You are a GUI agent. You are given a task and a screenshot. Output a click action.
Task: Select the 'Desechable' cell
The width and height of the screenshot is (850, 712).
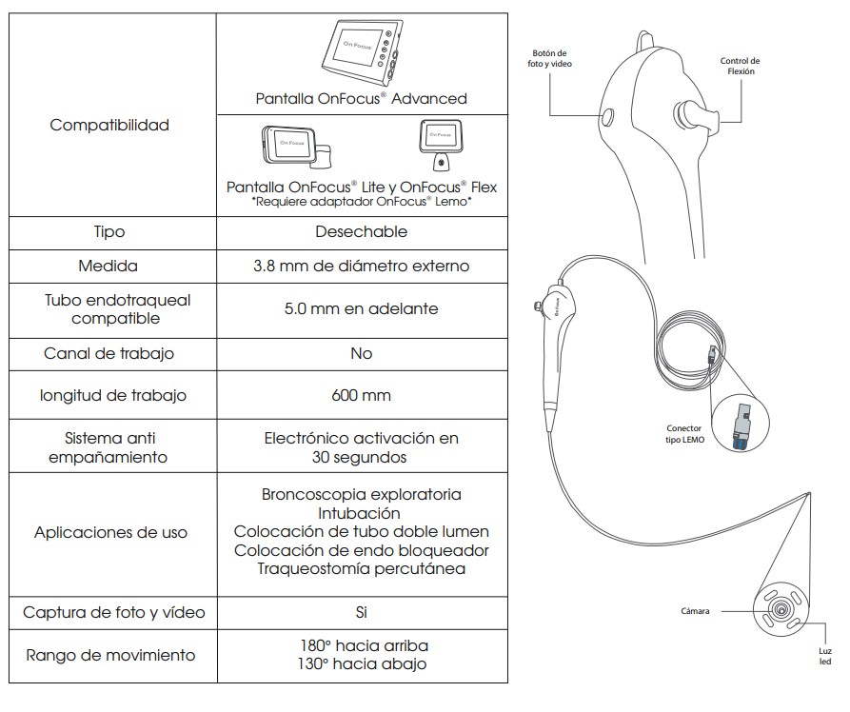click(x=361, y=231)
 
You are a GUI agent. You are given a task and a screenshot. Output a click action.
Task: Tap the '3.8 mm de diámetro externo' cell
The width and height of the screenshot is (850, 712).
click(x=361, y=266)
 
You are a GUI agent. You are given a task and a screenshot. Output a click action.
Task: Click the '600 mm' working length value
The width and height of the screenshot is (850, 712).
click(x=361, y=395)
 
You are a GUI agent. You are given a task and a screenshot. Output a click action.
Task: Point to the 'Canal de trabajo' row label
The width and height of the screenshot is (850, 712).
click(x=109, y=353)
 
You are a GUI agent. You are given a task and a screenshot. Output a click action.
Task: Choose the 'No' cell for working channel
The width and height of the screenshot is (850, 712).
click(x=361, y=353)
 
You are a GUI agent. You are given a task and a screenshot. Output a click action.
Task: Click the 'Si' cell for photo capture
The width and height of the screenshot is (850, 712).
click(x=361, y=612)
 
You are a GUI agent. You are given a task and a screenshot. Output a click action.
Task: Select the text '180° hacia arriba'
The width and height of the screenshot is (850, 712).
click(x=361, y=645)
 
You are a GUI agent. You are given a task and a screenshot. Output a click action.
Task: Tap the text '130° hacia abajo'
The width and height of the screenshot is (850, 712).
click(x=361, y=663)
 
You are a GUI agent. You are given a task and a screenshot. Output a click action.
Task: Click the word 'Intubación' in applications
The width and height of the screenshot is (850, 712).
click(x=361, y=513)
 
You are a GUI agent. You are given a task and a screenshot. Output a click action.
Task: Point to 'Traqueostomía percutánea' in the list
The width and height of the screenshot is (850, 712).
click(x=361, y=569)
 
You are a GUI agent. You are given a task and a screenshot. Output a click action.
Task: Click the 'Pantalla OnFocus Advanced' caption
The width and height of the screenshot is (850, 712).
click(x=361, y=98)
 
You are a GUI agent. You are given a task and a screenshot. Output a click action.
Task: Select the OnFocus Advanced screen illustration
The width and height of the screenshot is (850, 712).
click(x=360, y=52)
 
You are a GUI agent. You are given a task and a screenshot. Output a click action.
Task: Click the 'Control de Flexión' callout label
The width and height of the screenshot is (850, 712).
click(x=740, y=66)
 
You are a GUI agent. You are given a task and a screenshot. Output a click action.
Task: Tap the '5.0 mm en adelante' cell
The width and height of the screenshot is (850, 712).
click(x=361, y=308)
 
